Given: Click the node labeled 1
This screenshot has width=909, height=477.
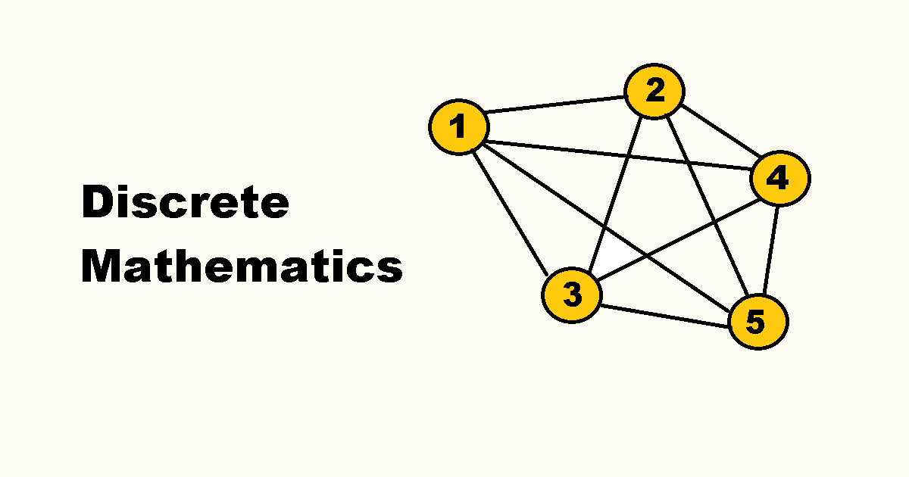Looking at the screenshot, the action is (x=459, y=126).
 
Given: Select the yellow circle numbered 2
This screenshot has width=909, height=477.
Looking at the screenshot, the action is (x=654, y=92).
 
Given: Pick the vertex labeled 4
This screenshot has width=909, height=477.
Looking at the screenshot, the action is (x=779, y=179).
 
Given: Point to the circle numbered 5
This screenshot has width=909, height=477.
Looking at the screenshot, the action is (x=757, y=321).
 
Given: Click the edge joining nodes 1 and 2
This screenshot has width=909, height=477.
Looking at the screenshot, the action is (x=557, y=109).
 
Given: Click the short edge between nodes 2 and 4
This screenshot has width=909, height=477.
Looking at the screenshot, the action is (x=717, y=135).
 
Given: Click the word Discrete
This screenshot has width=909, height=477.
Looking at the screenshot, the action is (x=185, y=203).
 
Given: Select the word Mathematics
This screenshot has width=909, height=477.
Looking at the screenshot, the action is (x=242, y=267).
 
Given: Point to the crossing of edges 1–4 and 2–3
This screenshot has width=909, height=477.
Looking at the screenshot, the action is (x=629, y=155).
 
